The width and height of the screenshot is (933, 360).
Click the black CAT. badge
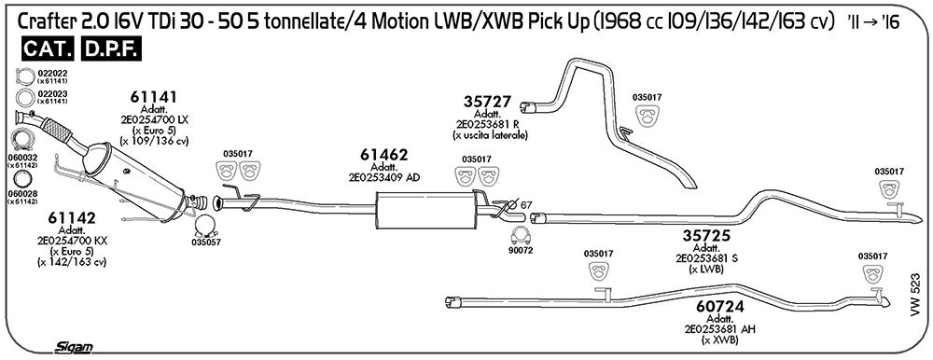[49, 50]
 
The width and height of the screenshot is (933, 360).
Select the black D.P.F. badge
[111, 50]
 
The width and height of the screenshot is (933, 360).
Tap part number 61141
[154, 98]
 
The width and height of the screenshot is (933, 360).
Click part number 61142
[71, 219]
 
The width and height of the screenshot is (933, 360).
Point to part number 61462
[383, 156]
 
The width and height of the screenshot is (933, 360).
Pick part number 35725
[706, 236]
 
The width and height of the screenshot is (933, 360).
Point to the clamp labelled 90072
[522, 235]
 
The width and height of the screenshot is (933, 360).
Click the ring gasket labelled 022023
[24, 98]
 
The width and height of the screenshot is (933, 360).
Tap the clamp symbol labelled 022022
[24, 76]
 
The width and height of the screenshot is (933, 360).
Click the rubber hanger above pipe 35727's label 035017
[647, 116]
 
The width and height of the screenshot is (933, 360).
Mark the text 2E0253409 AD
[383, 176]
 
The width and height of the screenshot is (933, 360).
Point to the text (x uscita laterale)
[490, 135]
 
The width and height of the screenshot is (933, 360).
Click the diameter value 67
[526, 205]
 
